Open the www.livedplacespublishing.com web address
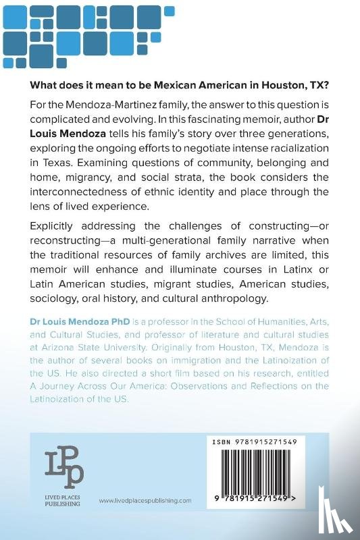pos(145,500)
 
